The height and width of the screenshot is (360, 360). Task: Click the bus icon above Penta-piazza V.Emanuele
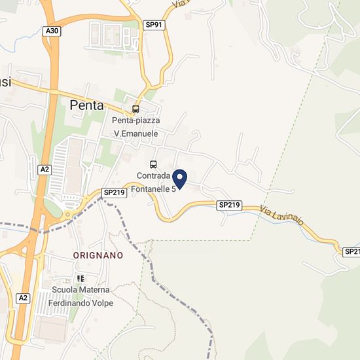[x=135, y=109]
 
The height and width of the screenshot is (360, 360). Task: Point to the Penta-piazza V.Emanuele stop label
[x=136, y=127]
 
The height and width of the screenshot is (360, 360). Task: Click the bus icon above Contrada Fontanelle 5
[x=153, y=164]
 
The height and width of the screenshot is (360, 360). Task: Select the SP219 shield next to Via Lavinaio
[x=230, y=206]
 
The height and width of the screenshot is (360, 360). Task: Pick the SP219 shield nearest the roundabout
[x=114, y=192]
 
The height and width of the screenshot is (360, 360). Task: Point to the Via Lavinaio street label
[x=282, y=217]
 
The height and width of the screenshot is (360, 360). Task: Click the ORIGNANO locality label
[x=98, y=255]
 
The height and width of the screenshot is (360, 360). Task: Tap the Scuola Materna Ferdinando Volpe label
[x=82, y=297]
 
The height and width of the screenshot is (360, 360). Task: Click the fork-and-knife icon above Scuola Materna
[x=81, y=279]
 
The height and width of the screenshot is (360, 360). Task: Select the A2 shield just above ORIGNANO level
[x=44, y=170]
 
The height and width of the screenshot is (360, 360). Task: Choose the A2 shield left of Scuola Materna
[x=24, y=298]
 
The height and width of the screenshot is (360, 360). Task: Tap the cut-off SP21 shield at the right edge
[x=351, y=251]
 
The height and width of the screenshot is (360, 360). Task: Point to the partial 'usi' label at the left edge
[x=5, y=82]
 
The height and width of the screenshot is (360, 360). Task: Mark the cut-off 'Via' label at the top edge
[x=180, y=4]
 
